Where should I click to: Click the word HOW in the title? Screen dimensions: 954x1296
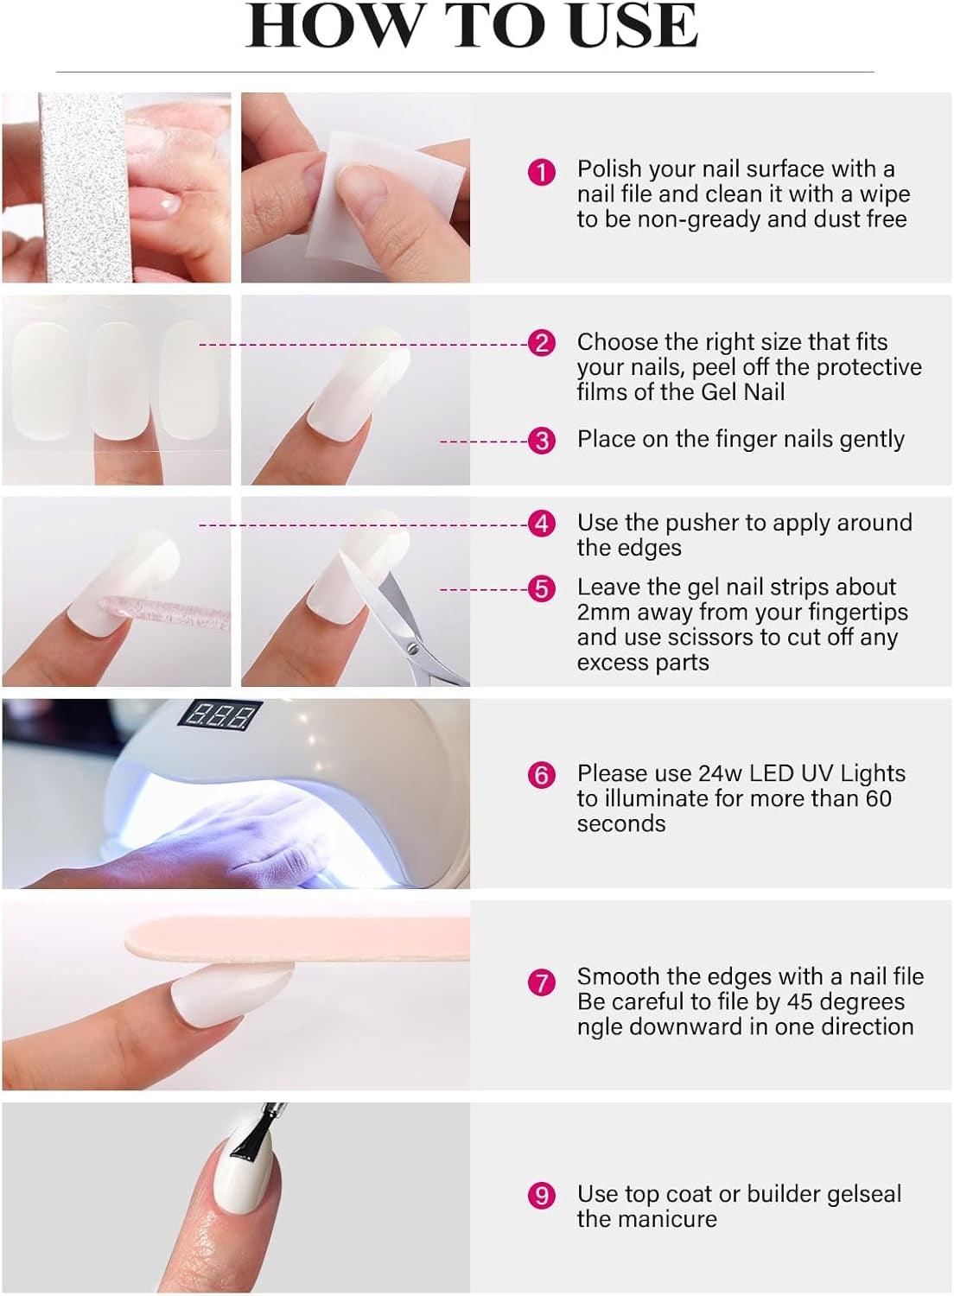click(333, 26)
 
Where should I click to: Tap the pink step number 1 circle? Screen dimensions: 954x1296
click(542, 173)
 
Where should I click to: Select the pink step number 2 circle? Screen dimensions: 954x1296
click(542, 343)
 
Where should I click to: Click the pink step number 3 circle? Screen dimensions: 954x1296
click(542, 441)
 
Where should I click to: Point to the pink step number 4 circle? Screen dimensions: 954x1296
click(542, 524)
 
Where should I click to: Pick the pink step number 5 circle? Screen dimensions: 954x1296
click(542, 588)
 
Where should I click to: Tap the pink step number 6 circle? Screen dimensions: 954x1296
click(542, 775)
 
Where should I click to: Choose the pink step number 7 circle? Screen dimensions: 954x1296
click(542, 982)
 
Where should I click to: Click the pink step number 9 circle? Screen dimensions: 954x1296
click(542, 1195)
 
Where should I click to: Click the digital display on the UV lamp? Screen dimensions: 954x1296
click(219, 716)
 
